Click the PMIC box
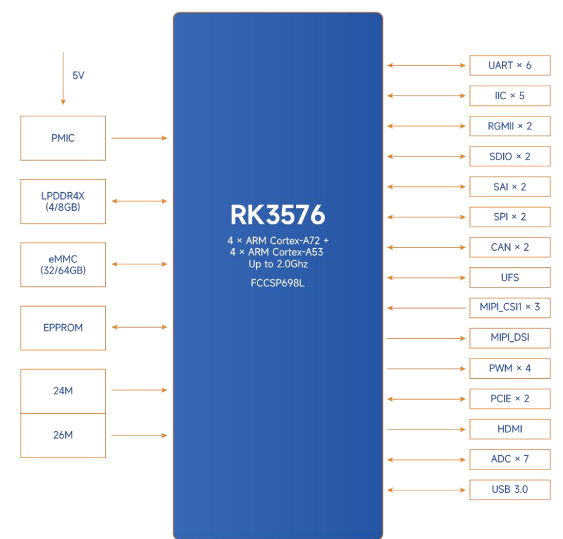63,138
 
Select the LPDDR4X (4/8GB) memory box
63,201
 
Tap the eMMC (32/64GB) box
63,265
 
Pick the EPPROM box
63,328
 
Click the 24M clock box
63,391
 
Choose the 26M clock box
63,436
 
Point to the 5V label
78,75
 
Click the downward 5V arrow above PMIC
63,78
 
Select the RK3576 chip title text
278,215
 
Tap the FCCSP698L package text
278,283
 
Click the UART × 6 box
510,65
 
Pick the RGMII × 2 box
510,126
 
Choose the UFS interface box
510,278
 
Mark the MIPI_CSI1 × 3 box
510,308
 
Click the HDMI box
510,429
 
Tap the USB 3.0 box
510,490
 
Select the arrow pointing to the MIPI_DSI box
426,338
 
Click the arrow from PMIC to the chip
139,138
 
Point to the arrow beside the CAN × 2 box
426,248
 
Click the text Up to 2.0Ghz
278,264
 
